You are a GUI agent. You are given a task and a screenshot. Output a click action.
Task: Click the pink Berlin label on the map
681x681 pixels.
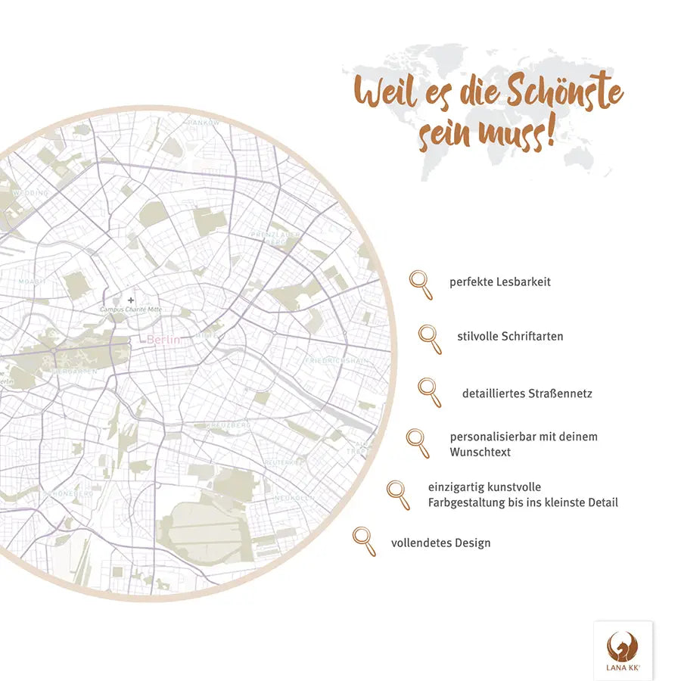(163, 340)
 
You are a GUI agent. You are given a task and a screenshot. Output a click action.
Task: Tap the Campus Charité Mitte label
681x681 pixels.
(131, 309)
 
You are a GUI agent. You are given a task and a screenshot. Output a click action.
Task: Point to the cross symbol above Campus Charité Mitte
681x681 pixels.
(131, 300)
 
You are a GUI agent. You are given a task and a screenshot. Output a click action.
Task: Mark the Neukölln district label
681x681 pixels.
(294, 497)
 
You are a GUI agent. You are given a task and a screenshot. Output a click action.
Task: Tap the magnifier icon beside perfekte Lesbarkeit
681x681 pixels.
(421, 284)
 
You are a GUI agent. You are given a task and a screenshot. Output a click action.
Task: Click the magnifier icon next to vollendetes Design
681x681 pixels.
(364, 540)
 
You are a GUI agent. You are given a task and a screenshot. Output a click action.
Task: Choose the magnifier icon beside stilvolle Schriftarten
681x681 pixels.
(430, 338)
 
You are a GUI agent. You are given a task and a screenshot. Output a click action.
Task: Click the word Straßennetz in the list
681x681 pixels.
(560, 393)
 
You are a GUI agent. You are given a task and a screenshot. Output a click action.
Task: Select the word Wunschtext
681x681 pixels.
(480, 452)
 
